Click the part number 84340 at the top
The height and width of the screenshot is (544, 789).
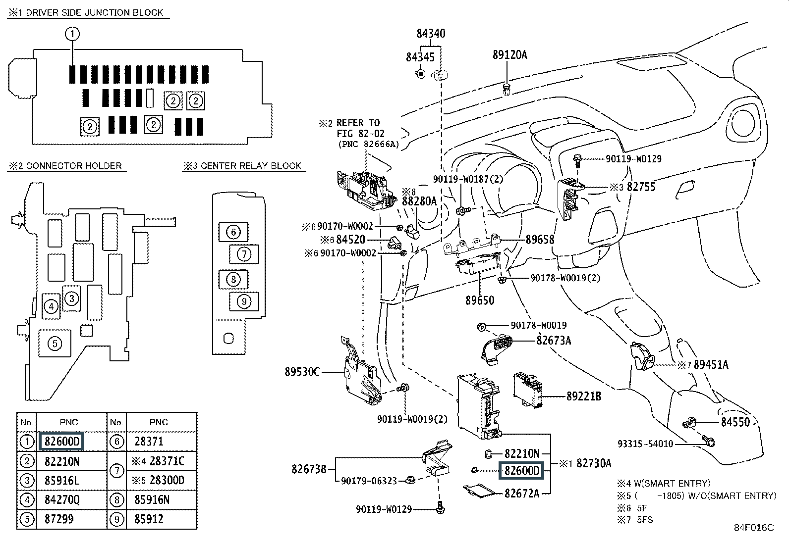(x=431, y=34)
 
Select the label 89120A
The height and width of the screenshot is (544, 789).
(x=509, y=55)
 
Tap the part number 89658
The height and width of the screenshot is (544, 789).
(x=540, y=240)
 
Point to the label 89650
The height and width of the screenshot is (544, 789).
(x=480, y=300)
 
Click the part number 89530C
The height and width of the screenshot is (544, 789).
(x=302, y=372)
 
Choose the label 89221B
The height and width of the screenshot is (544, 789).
(x=584, y=396)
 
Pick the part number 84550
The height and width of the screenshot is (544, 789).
(x=735, y=422)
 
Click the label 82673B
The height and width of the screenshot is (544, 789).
(x=309, y=469)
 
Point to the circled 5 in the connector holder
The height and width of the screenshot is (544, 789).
(x=55, y=344)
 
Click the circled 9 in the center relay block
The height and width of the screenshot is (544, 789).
(x=244, y=301)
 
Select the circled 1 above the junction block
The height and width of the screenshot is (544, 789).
(x=72, y=34)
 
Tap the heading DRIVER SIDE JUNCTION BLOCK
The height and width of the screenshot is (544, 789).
(x=94, y=13)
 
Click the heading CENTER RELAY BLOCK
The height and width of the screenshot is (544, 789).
(x=251, y=166)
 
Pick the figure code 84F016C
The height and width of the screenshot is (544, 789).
(x=754, y=528)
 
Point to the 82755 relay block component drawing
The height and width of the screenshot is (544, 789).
(x=570, y=199)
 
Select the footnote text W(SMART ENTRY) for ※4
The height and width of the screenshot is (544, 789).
(x=672, y=484)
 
